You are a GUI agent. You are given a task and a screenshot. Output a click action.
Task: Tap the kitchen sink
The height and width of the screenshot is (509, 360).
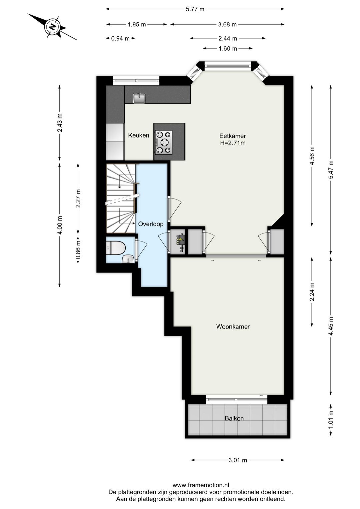(139, 98)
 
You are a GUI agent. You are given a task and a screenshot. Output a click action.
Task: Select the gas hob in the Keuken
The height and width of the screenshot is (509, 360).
(163, 142)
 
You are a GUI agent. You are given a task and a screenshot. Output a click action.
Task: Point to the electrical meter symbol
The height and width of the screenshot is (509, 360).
(181, 242)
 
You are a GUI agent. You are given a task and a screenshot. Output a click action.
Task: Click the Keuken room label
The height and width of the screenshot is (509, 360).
(139, 135)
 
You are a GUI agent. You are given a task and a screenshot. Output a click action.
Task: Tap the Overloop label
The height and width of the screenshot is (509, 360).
(151, 224)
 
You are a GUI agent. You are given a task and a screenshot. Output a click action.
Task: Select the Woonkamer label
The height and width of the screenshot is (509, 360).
(233, 327)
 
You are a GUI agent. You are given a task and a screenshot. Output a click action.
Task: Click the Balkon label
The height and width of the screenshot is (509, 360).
(234, 418)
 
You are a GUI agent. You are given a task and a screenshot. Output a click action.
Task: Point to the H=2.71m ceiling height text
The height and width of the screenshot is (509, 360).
(233, 143)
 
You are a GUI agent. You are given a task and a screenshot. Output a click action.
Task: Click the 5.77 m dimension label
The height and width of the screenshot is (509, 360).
(195, 9)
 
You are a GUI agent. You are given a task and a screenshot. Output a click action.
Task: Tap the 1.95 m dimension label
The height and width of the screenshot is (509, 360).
(137, 24)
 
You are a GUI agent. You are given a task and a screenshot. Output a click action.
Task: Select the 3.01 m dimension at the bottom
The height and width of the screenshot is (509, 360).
(238, 460)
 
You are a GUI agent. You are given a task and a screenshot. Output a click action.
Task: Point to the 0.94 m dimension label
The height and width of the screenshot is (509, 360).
(120, 38)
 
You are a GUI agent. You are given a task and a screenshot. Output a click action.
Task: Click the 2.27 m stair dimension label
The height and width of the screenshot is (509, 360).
(78, 198)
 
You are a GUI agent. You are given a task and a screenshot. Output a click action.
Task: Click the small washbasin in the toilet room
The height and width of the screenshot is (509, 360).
(129, 259)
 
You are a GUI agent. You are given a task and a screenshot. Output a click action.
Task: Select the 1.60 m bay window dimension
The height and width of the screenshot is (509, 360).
(228, 48)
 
